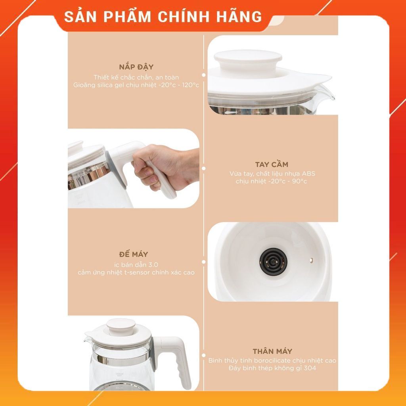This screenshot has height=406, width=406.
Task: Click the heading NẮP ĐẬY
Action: pyautogui.click(x=136, y=67)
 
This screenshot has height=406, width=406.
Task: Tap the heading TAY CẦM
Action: pyautogui.click(x=271, y=164)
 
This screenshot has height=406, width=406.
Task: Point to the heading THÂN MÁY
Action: pyautogui.click(x=272, y=351)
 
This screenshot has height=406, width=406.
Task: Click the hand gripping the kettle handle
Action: pyautogui.click(x=159, y=165)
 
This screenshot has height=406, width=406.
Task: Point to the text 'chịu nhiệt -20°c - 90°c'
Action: pyautogui.click(x=271, y=182)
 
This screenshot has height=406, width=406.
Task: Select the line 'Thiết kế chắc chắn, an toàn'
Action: pyautogui.click(x=136, y=77)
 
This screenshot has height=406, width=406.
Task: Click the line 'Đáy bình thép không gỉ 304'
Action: pyautogui.click(x=272, y=368)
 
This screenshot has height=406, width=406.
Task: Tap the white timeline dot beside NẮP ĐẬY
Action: pyautogui.click(x=203, y=75)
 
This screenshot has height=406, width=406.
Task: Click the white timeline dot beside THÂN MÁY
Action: pyautogui.click(x=203, y=356)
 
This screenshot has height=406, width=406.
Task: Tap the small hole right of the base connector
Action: pyautogui.click(x=311, y=260)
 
